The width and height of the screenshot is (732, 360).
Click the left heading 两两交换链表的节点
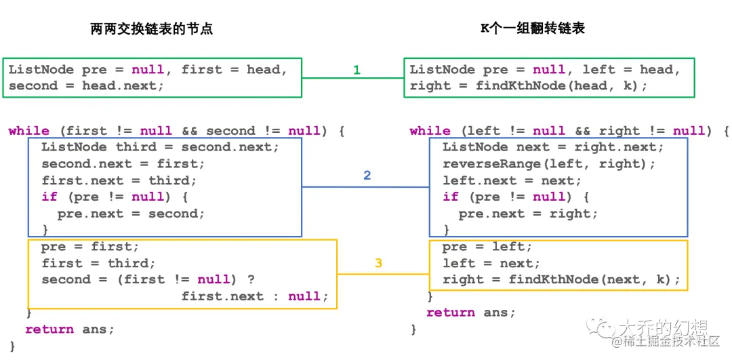click(x=151, y=28)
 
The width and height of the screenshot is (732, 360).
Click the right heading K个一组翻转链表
click(x=532, y=28)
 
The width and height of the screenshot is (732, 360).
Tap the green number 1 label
click(x=357, y=70)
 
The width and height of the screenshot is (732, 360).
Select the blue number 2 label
click(x=367, y=176)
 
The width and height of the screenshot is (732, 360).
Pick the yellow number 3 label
click(x=378, y=263)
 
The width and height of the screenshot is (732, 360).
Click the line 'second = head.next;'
click(x=86, y=86)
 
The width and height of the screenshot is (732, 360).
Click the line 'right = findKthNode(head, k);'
click(x=529, y=86)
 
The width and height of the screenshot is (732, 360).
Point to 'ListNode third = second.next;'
click(x=160, y=147)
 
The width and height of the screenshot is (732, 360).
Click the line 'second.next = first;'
click(x=123, y=164)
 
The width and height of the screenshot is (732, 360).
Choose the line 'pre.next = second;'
click(x=131, y=214)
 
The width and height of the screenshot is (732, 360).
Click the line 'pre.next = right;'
click(x=528, y=214)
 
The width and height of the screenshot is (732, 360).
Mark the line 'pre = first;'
click(x=89, y=247)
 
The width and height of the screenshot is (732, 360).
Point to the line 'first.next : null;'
click(x=254, y=296)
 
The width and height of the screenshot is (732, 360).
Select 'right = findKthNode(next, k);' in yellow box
click(x=561, y=280)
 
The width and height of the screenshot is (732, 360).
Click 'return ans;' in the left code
click(x=70, y=329)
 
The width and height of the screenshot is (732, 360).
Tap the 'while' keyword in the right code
click(x=430, y=131)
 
